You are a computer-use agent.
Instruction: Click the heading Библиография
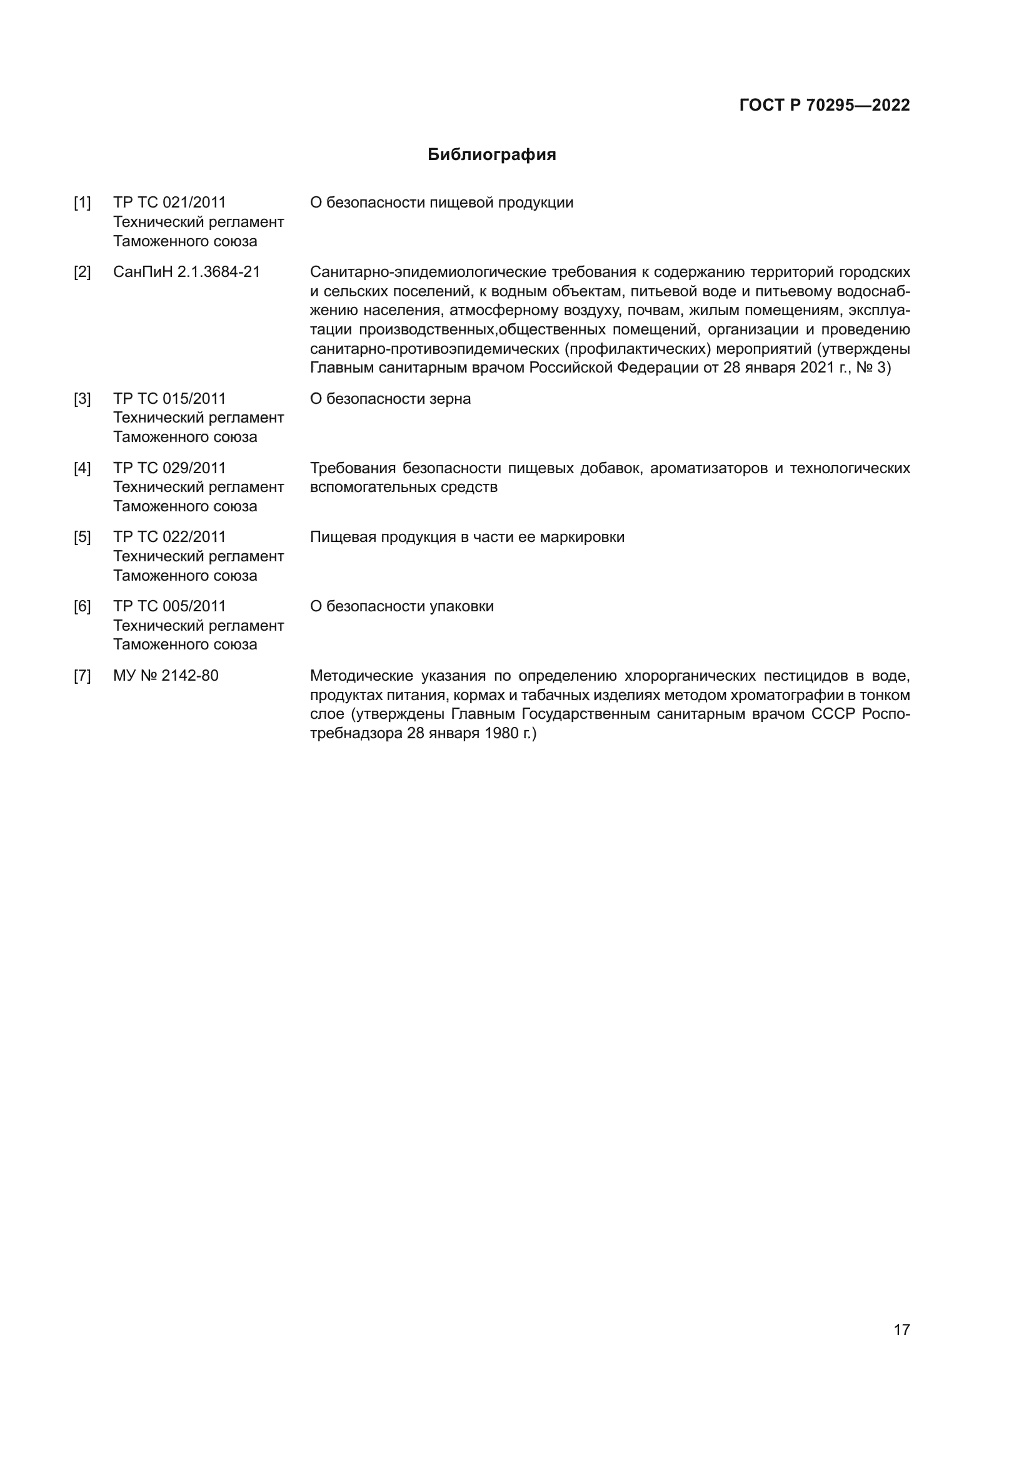[491, 155]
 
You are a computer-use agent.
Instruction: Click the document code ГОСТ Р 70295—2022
[825, 105]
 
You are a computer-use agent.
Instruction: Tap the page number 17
[901, 1329]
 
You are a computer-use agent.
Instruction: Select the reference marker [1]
[82, 203]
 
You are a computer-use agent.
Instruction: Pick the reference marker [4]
[82, 468]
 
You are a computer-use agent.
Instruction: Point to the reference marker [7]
[82, 676]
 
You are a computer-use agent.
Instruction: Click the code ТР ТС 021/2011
[169, 203]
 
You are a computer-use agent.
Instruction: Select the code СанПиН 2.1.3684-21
[186, 272]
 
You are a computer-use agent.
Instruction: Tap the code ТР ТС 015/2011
[169, 399]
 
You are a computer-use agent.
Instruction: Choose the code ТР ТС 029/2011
[169, 468]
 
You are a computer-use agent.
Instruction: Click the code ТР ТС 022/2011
[169, 537]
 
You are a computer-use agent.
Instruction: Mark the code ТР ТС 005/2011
[169, 606]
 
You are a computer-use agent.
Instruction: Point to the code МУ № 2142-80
[166, 676]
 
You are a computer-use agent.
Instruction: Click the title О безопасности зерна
[390, 399]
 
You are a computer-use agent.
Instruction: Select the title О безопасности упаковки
[402, 606]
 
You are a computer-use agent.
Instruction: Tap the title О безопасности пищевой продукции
[441, 203]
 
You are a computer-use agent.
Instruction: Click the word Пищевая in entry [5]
[343, 537]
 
